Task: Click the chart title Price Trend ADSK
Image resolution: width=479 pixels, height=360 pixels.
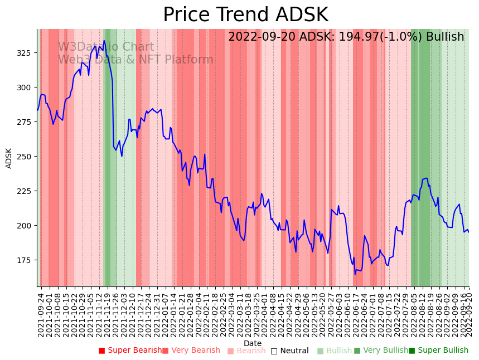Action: [245, 15]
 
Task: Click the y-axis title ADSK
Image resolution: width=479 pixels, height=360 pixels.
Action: [9, 158]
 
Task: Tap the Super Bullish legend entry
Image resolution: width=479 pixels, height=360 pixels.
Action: [438, 351]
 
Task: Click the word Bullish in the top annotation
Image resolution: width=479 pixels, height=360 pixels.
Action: [444, 37]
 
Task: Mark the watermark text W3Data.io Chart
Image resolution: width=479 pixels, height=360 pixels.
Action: [106, 47]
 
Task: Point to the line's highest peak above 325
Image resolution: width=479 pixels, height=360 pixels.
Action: [104, 40]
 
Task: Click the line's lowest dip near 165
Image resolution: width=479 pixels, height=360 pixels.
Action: [355, 274]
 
